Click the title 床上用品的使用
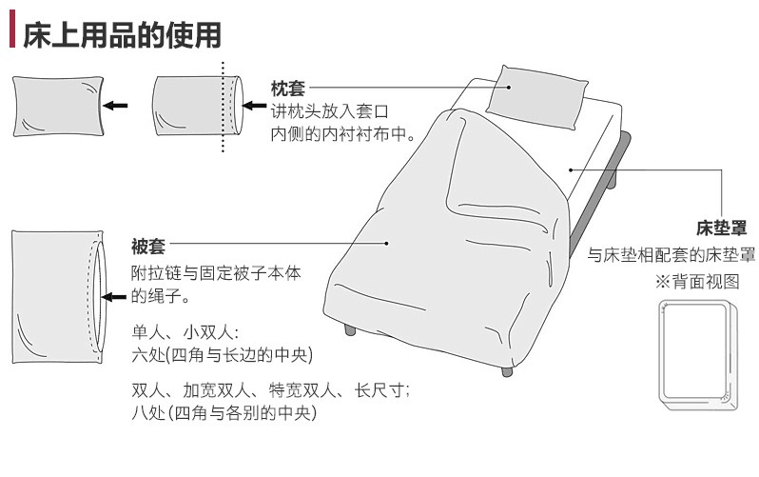click(x=122, y=33)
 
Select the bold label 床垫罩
click(x=720, y=229)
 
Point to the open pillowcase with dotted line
click(x=195, y=105)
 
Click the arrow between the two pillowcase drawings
click(x=116, y=106)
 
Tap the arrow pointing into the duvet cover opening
click(x=114, y=298)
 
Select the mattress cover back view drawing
click(x=695, y=352)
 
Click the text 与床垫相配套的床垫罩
click(x=671, y=255)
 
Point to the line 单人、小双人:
click(x=185, y=334)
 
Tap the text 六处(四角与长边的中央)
click(x=223, y=356)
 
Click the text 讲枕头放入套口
click(x=331, y=112)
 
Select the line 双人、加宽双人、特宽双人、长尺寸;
click(x=271, y=391)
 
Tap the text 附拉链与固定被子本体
click(x=216, y=273)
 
